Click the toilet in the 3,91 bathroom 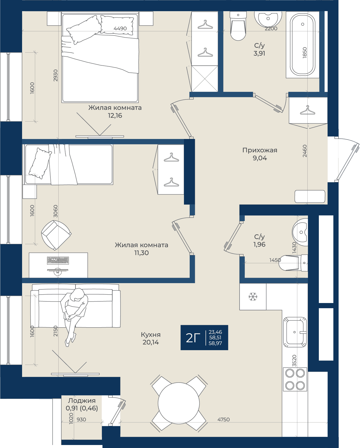(x=238, y=26)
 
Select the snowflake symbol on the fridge (x=253, y=297)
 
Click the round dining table (x=179, y=403)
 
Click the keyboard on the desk (x=58, y=261)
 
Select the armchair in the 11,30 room (x=56, y=235)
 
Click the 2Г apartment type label (x=193, y=338)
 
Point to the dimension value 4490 (x=120, y=28)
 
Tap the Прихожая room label (x=260, y=150)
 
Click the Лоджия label (x=81, y=401)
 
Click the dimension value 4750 (x=223, y=419)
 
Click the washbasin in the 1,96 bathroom (x=300, y=232)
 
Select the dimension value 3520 (x=294, y=361)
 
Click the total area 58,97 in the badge (x=215, y=343)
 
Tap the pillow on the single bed (x=40, y=163)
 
